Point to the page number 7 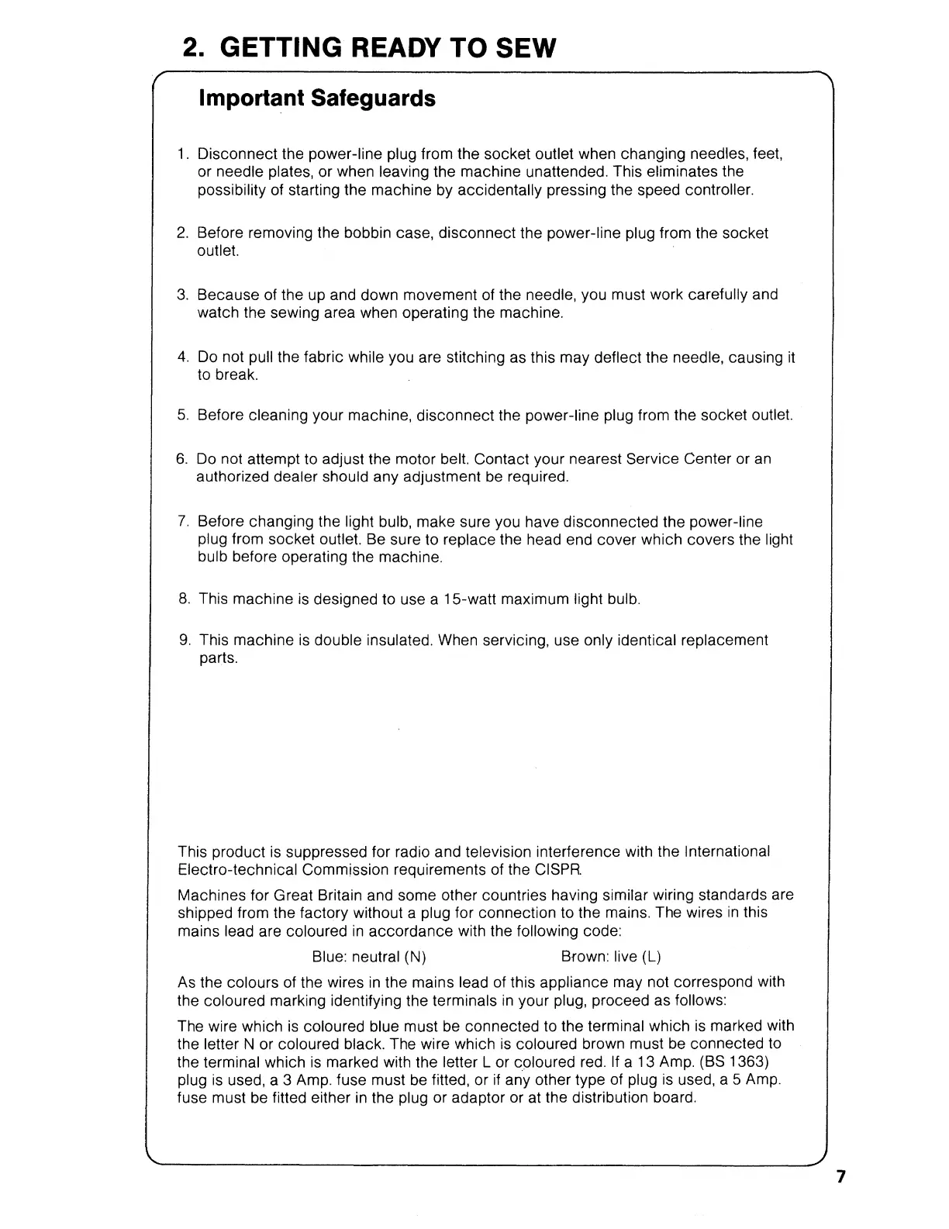coord(840,1177)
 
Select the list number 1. coord(183,154)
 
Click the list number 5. coord(183,416)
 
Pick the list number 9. coord(185,640)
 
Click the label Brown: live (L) coord(611,957)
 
